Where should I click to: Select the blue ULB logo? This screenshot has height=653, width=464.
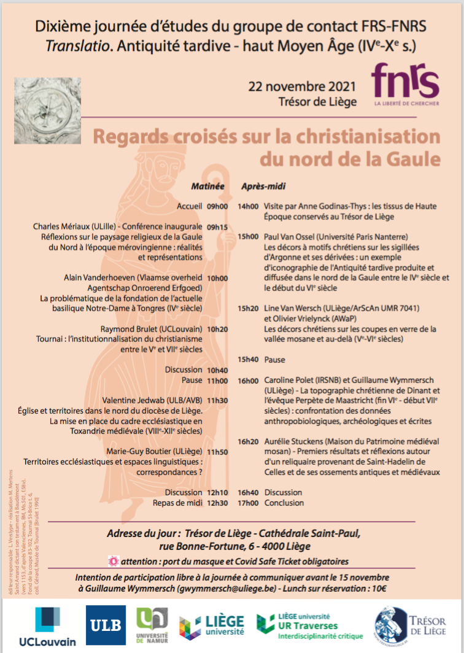click(x=106, y=625)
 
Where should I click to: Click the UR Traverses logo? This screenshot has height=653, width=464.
click(x=309, y=627)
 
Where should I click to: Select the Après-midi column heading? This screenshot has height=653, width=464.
click(x=263, y=185)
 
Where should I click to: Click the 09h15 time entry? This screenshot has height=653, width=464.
click(x=217, y=226)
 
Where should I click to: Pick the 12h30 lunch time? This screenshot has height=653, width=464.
click(x=217, y=503)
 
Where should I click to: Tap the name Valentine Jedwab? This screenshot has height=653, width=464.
click(x=132, y=400)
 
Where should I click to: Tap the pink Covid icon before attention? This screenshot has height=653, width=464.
click(x=112, y=561)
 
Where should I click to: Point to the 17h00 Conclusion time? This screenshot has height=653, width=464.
click(x=248, y=503)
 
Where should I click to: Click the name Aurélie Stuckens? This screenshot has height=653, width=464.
click(x=293, y=441)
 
